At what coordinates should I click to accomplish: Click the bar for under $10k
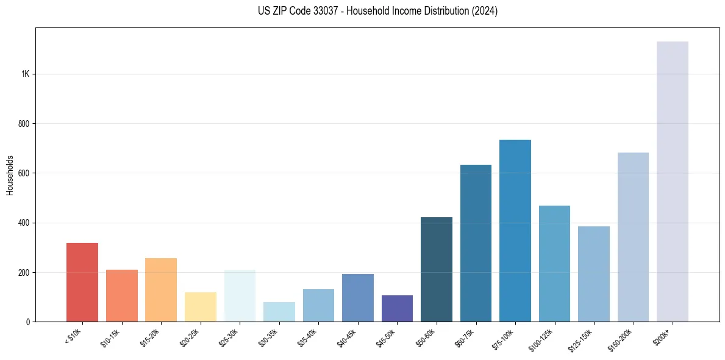(82, 282)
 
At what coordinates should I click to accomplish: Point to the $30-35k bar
(279, 312)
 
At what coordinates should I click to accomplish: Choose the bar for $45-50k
(397, 308)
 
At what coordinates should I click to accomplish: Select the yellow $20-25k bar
(201, 307)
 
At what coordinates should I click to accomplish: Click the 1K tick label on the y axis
(25, 74)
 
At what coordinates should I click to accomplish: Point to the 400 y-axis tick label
(23, 223)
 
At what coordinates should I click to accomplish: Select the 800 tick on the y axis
(23, 124)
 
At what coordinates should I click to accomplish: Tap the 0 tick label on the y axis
(27, 322)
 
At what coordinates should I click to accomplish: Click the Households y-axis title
(10, 175)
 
